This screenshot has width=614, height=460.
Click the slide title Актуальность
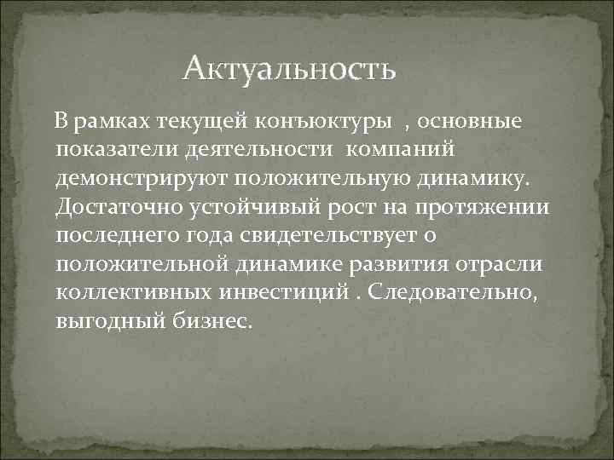289,67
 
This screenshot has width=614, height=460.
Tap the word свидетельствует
343,237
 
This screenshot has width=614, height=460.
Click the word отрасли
510,265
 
